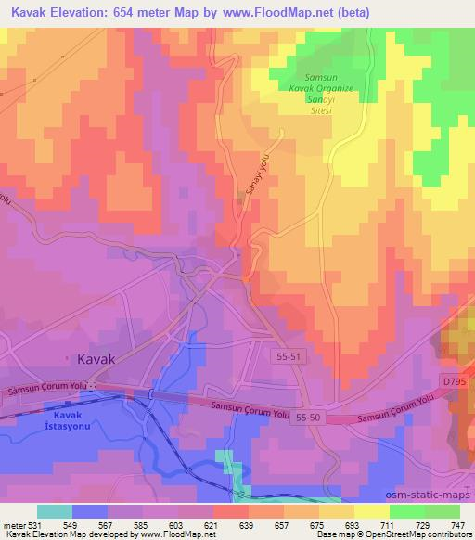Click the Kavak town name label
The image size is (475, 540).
(x=96, y=358)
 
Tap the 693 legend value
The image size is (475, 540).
(x=350, y=523)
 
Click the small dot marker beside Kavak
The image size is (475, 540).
(x=66, y=358)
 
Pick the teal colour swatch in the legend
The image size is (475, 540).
(x=55, y=511)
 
